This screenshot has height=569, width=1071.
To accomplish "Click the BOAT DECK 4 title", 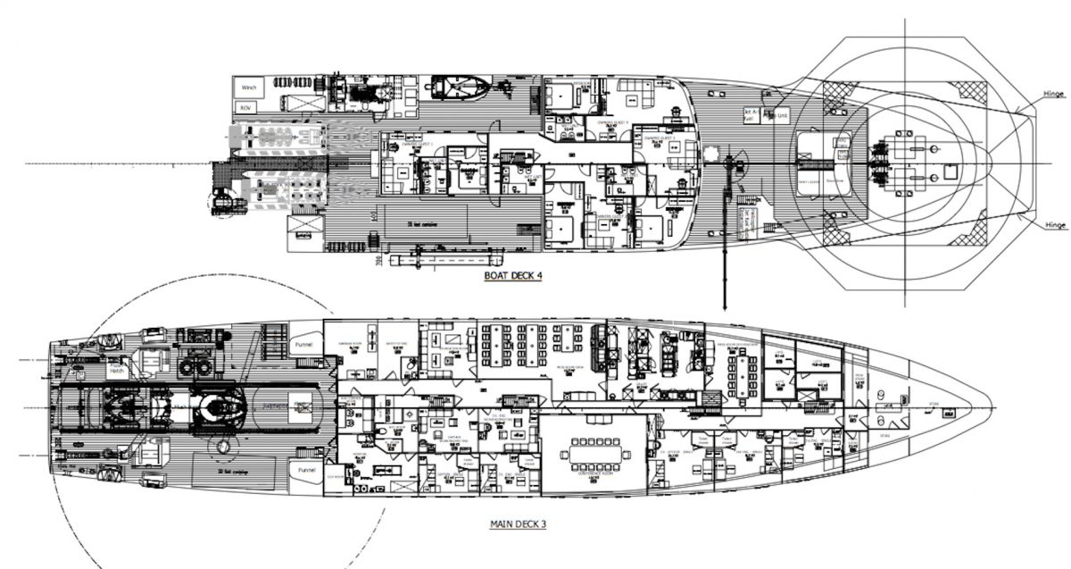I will click(x=513, y=276).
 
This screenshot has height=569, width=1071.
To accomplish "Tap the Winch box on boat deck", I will click(x=246, y=88).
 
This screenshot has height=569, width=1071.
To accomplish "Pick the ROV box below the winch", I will click(x=245, y=108).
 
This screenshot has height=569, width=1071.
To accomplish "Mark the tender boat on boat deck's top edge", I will click(x=460, y=87).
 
